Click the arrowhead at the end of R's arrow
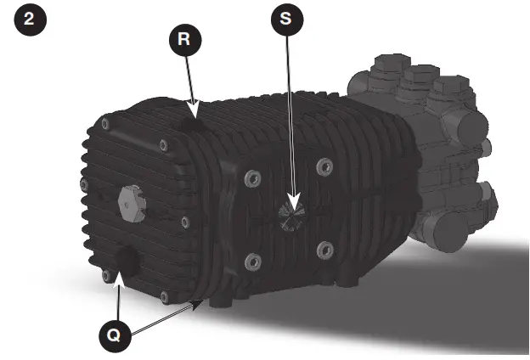tap(195, 113)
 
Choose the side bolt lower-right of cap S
tap(323, 248)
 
